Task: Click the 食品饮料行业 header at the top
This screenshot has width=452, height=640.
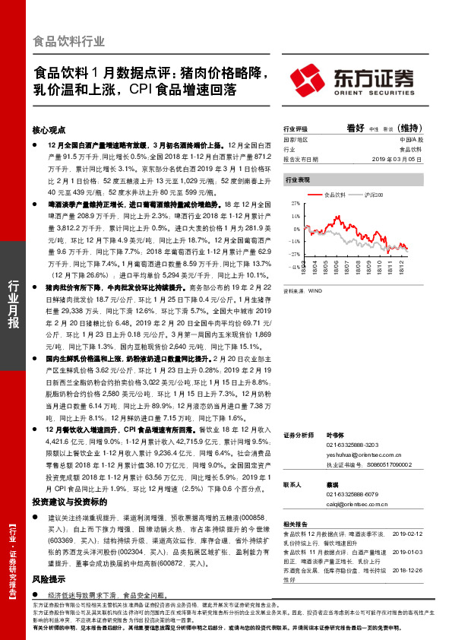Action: point(69,41)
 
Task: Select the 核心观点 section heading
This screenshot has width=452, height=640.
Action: point(49,130)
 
